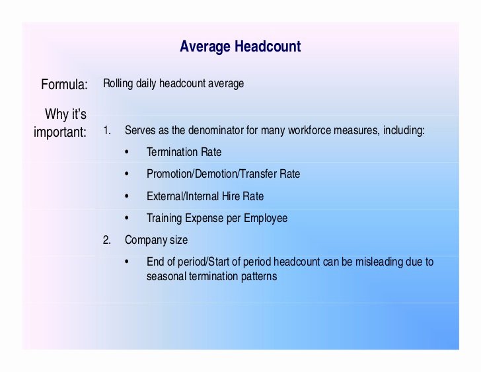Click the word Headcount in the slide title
268,47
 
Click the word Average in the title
205,47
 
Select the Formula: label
65,85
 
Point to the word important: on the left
60,132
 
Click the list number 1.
107,131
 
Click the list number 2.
107,240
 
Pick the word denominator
215,130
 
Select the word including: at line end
404,131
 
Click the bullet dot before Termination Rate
127,152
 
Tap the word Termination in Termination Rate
172,152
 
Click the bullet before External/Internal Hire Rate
127,196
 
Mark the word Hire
231,196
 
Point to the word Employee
266,219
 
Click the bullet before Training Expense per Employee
127,218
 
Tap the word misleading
379,262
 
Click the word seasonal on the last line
166,277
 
